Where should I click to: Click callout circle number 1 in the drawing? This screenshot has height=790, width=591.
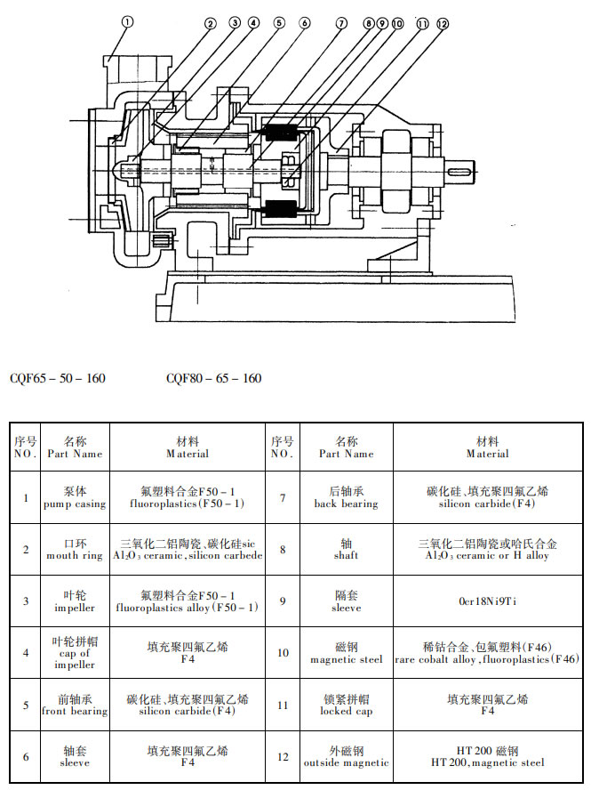[127, 22]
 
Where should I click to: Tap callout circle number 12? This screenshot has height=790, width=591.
[443, 24]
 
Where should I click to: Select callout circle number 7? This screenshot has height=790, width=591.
[341, 23]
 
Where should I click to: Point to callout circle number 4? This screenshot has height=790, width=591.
[253, 23]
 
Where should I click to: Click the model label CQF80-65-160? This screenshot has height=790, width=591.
[214, 379]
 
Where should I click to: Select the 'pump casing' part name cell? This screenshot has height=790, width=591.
[75, 497]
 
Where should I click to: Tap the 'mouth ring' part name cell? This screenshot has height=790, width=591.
[75, 549]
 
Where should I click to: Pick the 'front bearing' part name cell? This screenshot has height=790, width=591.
[75, 705]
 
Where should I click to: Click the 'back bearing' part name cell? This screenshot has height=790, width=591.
[346, 497]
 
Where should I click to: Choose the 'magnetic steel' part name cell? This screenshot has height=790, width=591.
[346, 653]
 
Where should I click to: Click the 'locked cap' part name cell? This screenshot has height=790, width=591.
[346, 705]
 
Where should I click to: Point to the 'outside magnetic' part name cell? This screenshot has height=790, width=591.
[346, 756]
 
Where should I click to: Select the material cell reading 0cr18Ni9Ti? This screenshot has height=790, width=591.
[487, 601]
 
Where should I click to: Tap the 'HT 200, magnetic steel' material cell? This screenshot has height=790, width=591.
[487, 756]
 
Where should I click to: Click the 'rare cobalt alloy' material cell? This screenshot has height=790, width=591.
[487, 653]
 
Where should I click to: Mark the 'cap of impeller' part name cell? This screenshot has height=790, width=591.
[75, 653]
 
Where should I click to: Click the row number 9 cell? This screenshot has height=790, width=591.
[283, 601]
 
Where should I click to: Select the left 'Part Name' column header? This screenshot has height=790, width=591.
[75, 447]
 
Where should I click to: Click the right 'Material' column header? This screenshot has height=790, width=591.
[487, 447]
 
